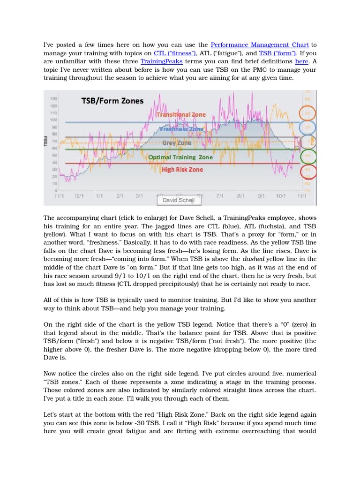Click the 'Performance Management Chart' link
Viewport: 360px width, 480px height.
(x=259, y=45)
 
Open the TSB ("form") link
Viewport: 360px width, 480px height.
(x=274, y=53)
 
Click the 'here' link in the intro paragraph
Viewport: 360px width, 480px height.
(x=301, y=62)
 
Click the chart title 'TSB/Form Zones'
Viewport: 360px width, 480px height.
(x=112, y=101)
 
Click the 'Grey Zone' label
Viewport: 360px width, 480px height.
(x=177, y=143)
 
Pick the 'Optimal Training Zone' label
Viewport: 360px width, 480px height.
(x=180, y=157)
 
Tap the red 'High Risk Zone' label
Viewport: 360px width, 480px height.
(x=182, y=170)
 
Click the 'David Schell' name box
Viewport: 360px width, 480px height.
(x=179, y=200)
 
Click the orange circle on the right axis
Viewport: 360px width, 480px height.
(x=307, y=113)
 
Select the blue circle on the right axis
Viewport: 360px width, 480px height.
(x=307, y=127)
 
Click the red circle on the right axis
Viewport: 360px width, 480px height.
(x=307, y=171)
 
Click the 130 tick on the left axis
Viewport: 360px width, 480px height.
(x=53, y=99)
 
